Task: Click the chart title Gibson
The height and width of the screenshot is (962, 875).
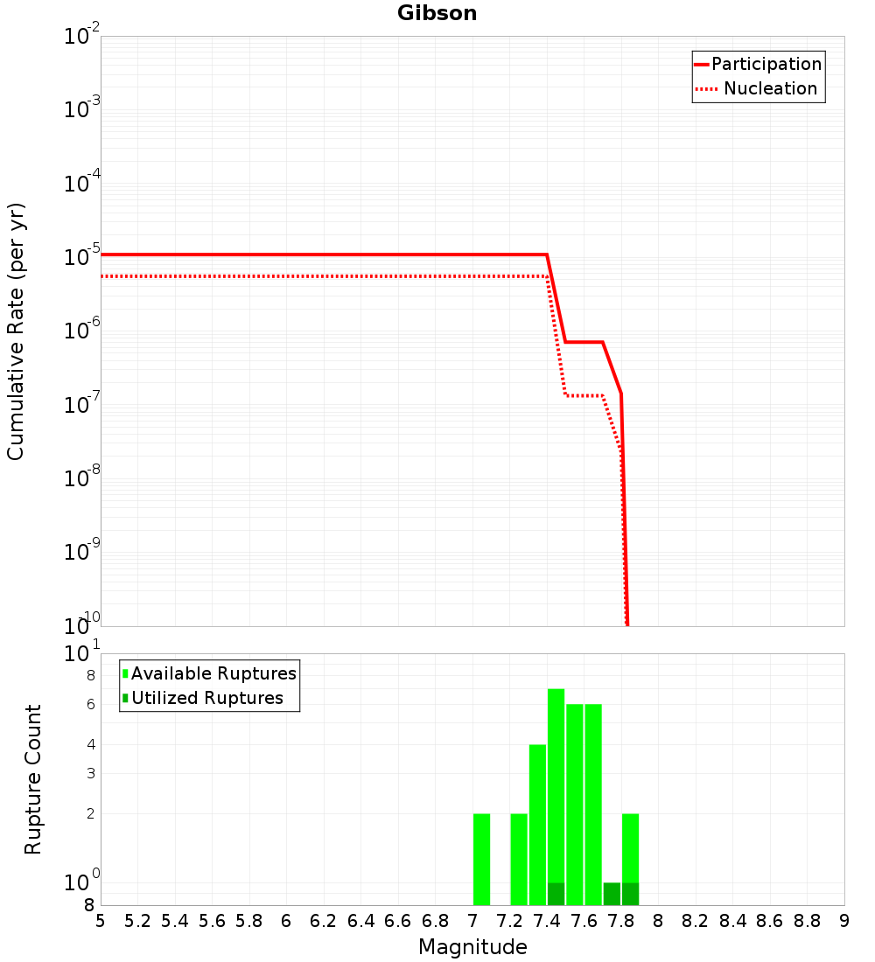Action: pos(437,13)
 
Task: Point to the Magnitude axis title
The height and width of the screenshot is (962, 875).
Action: pos(472,947)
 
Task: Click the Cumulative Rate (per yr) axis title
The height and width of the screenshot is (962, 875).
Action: pos(17,331)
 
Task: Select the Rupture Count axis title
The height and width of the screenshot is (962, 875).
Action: pos(33,779)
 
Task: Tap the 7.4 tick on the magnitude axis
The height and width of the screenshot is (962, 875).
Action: pos(547,921)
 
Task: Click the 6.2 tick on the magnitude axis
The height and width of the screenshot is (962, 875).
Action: pos(324,921)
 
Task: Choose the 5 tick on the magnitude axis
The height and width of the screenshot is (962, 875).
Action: pos(101,921)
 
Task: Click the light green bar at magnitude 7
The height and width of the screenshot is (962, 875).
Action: pos(481,859)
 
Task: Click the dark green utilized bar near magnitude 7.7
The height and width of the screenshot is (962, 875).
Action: pos(612,894)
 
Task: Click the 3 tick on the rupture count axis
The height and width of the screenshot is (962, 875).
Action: pos(91,773)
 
